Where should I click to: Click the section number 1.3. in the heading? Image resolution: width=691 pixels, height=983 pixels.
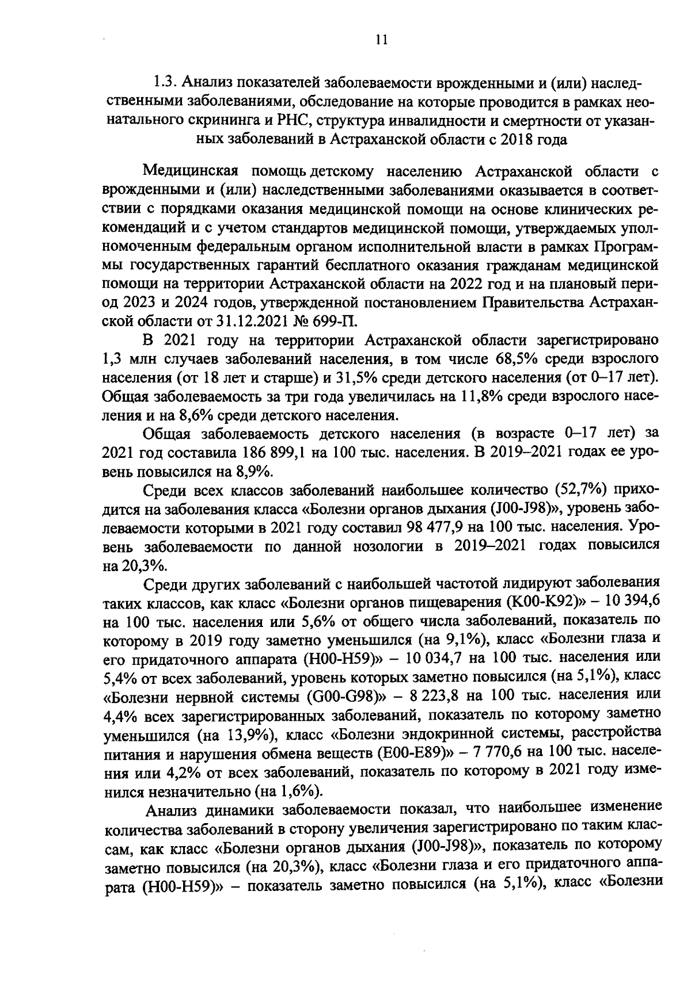point(166,84)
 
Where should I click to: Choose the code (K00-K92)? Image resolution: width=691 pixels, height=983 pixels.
point(545,602)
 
